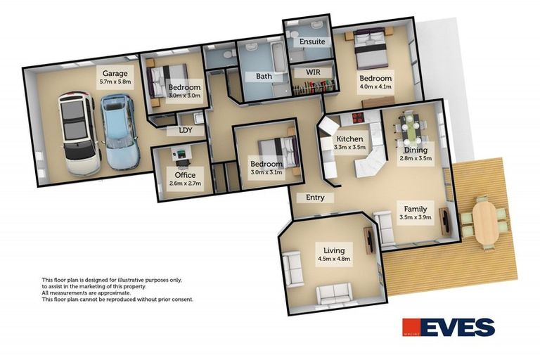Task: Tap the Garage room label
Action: (115, 72)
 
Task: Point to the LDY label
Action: (186, 131)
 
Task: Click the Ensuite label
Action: (311, 41)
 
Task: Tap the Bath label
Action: (264, 76)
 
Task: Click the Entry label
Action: (315, 198)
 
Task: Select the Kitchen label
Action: (349, 139)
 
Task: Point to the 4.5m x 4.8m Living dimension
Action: (335, 259)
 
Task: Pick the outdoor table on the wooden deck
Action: (484, 220)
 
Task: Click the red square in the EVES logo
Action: (411, 328)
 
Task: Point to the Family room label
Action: (414, 209)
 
